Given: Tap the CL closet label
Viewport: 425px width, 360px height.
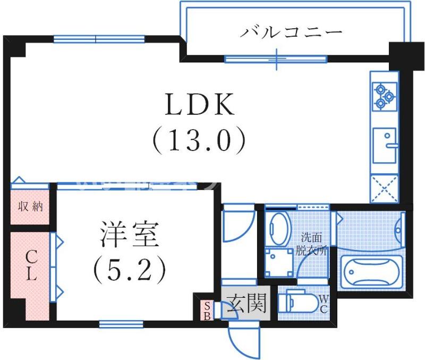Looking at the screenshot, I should point(31,266).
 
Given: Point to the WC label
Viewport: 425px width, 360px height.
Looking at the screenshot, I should point(324,304).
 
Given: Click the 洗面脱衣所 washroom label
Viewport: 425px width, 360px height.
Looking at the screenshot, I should point(313,244).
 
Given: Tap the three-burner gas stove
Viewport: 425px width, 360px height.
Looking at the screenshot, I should point(385,96).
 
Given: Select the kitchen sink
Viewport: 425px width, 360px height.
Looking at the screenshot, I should point(385,145).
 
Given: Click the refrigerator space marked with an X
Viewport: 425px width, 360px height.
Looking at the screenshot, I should point(385,187).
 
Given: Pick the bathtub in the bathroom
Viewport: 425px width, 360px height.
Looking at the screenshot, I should point(371,272).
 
